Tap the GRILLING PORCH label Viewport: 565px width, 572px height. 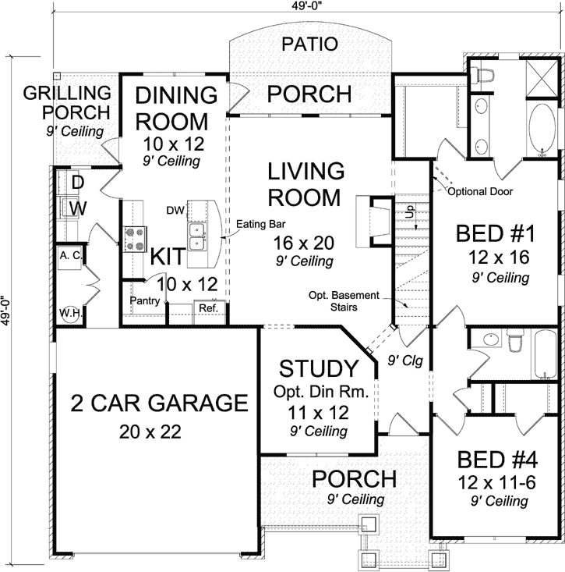pyautogui.click(x=66, y=103)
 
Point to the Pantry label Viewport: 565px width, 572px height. pyautogui.click(x=146, y=300)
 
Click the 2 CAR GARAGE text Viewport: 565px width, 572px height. pyautogui.click(x=159, y=403)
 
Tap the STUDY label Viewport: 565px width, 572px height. pyautogui.click(x=319, y=368)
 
